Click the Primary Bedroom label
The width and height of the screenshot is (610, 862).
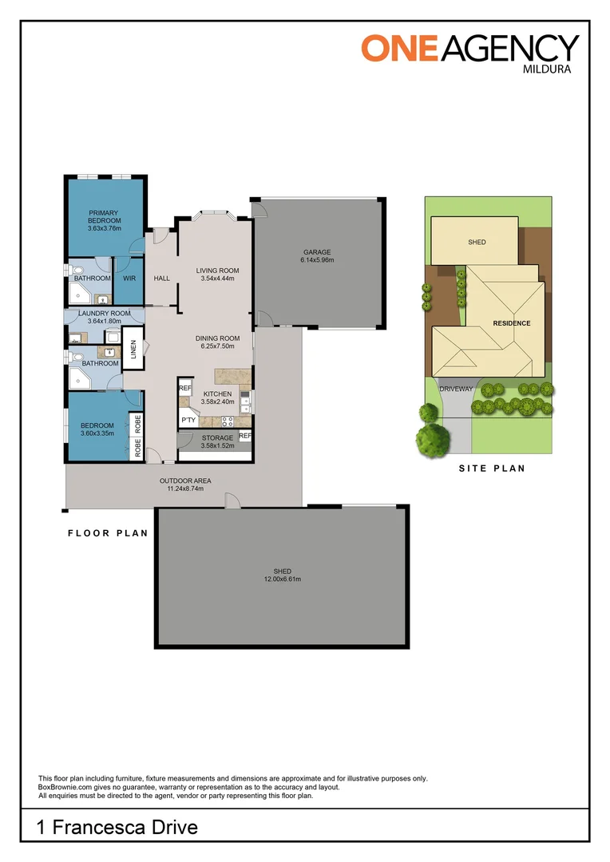pos(105,216)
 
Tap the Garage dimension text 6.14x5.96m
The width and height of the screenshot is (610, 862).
pos(317,260)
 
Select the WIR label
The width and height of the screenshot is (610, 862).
pos(129,279)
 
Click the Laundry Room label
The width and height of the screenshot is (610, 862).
pos(105,314)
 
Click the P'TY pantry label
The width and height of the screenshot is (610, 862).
pos(188,420)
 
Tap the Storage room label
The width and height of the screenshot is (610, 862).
pos(217,438)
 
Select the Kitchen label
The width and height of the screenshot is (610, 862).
pos(217,394)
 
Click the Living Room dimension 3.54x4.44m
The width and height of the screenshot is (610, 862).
pos(217,279)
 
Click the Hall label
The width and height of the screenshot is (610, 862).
pos(162,279)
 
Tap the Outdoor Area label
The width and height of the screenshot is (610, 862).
pos(185,480)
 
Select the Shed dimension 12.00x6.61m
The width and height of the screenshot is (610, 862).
pos(282,579)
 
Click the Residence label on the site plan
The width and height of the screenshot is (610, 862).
pos(511,323)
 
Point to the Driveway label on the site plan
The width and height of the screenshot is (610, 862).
pos(457,389)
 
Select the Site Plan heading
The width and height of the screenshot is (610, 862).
pos(492,469)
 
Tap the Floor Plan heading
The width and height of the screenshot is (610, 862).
pos(108,533)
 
